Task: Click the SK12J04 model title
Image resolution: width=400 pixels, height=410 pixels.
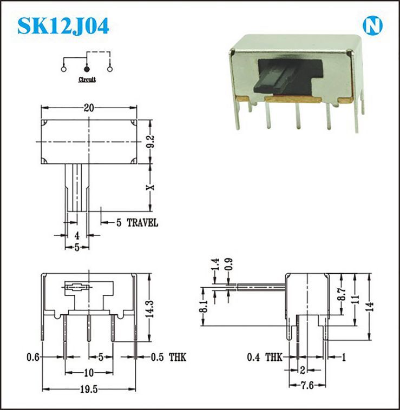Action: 63,26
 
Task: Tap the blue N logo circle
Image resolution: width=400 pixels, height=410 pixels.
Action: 372,25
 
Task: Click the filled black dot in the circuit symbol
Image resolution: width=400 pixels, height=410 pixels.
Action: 87,69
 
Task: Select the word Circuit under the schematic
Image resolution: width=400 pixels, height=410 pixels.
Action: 87,80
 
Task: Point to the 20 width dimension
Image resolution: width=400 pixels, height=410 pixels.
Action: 89,108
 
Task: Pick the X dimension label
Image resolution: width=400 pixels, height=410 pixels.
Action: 150,187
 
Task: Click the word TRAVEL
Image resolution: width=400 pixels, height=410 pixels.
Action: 142,223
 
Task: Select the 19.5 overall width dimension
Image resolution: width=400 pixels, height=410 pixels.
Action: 89,389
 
